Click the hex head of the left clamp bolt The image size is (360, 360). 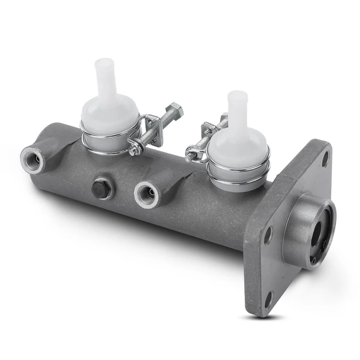pos(175,110)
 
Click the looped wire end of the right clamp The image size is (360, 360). pos(192,157)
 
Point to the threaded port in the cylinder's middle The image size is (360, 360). pos(146,194)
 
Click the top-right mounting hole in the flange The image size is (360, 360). pos(325,159)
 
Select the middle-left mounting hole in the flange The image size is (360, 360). pos(268,234)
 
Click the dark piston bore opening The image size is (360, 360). pos(316,235)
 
